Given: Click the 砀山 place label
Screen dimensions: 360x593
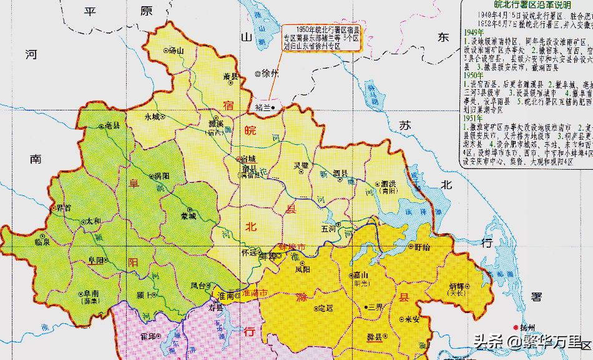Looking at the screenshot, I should (177, 51).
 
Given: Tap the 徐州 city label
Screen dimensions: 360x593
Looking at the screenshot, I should (269, 73).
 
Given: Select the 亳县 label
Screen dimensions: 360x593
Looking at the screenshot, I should (112, 125).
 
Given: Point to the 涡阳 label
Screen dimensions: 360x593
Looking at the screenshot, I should (161, 177).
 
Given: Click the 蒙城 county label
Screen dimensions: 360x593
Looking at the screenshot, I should (189, 216).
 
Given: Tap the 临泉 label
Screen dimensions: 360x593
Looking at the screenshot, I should (42, 241).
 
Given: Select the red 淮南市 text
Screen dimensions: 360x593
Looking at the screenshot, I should (255, 293).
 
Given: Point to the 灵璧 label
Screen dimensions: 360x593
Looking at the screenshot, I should (301, 165).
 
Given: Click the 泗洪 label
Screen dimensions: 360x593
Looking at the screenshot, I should (389, 184).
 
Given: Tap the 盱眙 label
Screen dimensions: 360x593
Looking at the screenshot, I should (423, 246).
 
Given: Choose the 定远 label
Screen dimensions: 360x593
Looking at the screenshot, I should (325, 308).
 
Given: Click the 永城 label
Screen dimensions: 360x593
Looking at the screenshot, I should (152, 116).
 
